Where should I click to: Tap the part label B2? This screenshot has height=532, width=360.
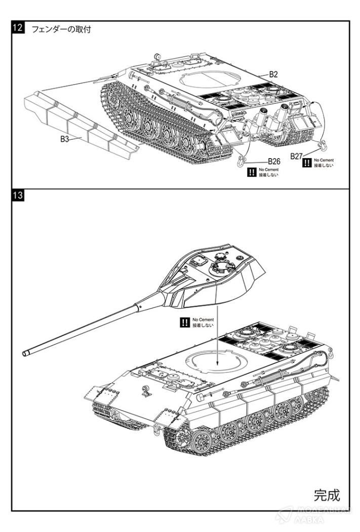coord(273,74)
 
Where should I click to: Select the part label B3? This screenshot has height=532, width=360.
coord(64,139)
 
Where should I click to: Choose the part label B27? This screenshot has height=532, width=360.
coord(296,156)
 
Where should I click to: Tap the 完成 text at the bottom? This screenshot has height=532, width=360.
coord(327,493)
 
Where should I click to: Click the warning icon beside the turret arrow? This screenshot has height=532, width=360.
coord(184,322)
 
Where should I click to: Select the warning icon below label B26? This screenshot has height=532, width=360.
coord(251,172)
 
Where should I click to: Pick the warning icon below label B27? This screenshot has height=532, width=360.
coord(306,163)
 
